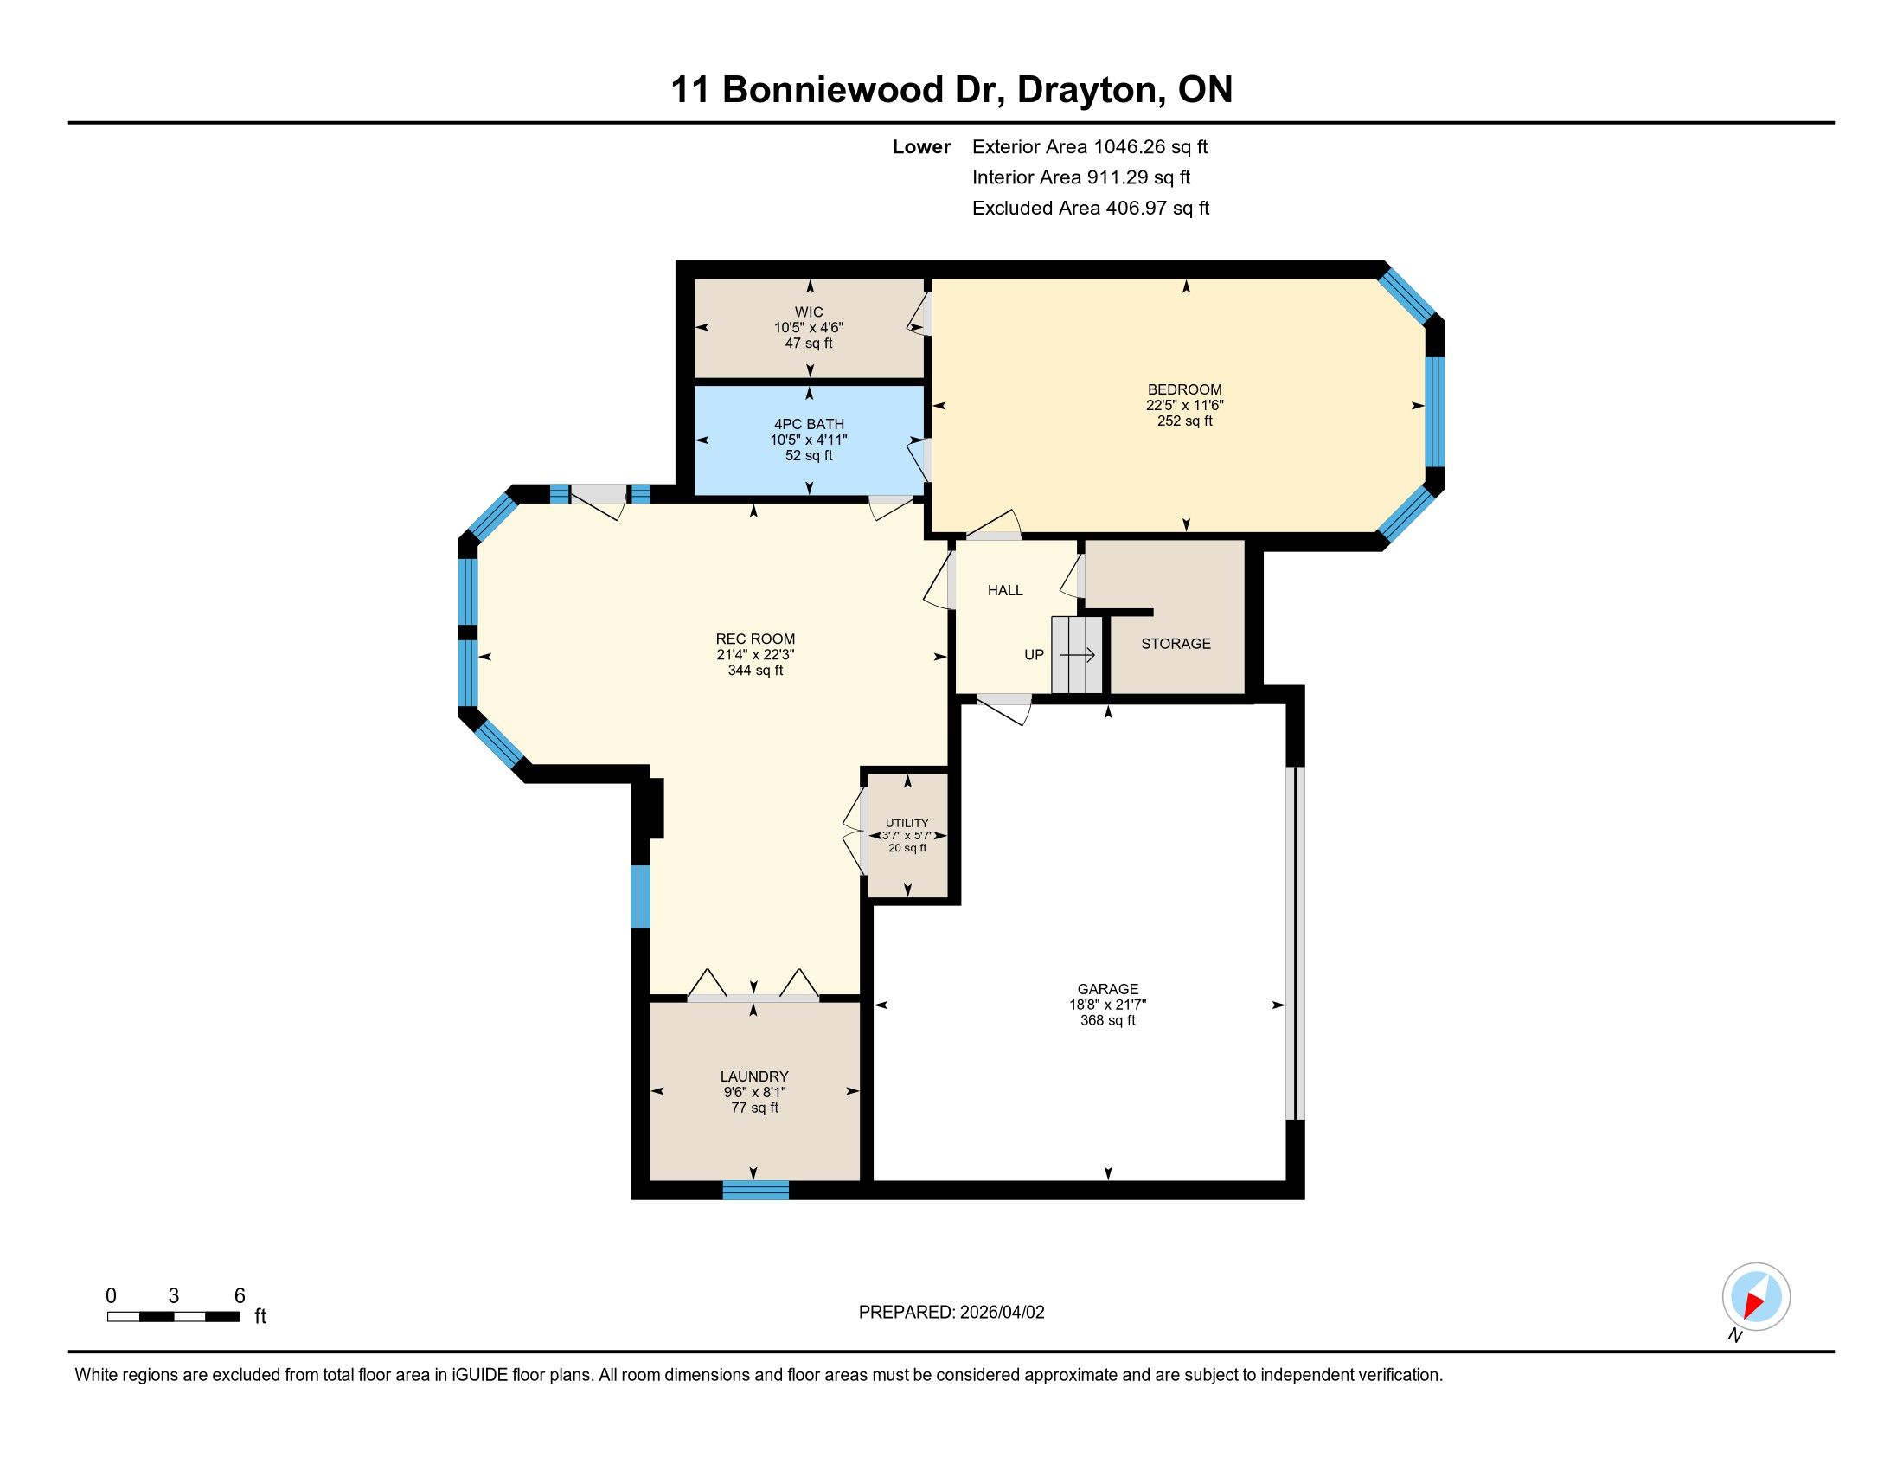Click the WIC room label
[809, 312]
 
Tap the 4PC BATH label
[809, 424]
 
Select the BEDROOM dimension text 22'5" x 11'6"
[1185, 405]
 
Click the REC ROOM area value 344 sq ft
[755, 670]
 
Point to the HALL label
[1004, 590]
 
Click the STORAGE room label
[1176, 643]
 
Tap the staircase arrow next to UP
[1077, 654]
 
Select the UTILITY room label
[907, 823]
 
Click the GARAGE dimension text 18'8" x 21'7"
[1107, 1004]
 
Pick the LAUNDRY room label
[753, 1076]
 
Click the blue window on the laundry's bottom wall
[755, 1191]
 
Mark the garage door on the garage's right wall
[1296, 943]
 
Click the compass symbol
[1756, 1296]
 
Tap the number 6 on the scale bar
[240, 1296]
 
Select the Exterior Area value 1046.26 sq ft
[1151, 146]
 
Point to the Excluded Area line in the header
[1091, 208]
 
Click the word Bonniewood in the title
[833, 90]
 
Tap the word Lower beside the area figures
[921, 146]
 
